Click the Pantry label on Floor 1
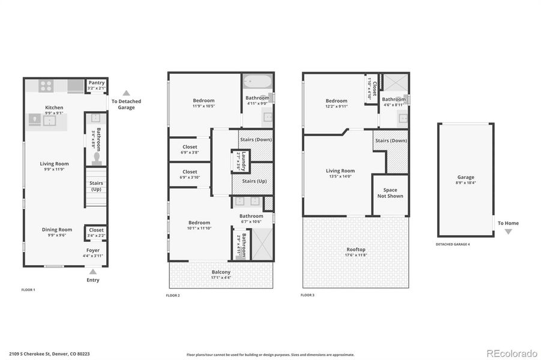96,83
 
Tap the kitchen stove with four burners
46,86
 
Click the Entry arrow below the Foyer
93,272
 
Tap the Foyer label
93,250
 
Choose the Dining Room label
57,229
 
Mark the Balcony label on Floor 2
221,272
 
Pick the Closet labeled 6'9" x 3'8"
189,146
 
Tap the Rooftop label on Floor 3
355,250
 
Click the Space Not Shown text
390,193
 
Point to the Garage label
465,177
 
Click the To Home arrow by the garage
509,231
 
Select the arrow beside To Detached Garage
126,93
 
